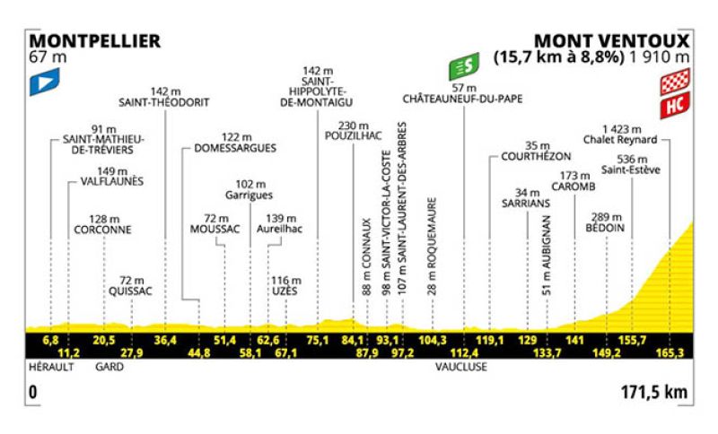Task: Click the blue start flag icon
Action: coord(44,82)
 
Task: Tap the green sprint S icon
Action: coord(464,66)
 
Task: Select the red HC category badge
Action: coord(675,105)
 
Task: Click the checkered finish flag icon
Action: coord(675,82)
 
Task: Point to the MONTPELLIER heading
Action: coord(95,41)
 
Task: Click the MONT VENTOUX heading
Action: coord(612,41)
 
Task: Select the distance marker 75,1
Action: coord(318,340)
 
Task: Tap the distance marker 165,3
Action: coord(670,352)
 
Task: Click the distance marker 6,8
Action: coord(50,340)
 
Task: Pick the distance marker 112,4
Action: coord(464,352)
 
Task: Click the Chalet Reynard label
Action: coord(620,140)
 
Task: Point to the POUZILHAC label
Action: coord(353,135)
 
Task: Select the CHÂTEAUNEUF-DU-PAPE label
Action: coord(462,100)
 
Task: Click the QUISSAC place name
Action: coord(130,291)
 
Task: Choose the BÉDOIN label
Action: coord(605,228)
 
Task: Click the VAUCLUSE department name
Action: coord(461,367)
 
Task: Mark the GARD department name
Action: coord(109,367)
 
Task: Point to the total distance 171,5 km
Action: coord(654,393)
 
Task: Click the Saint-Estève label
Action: coord(631,170)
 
